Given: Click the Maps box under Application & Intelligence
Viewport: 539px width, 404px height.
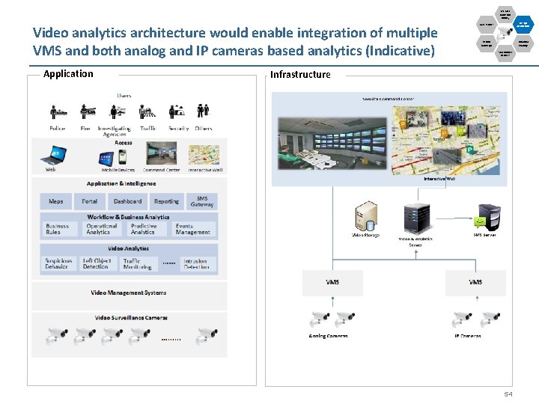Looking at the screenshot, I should click(x=56, y=201).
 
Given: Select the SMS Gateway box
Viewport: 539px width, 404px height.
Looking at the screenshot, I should click(x=201, y=201).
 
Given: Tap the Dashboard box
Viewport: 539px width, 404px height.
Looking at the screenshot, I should click(x=127, y=201).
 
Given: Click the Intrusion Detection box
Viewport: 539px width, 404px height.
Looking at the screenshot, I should click(x=196, y=264).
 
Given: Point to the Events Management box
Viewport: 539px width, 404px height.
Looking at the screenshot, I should click(x=193, y=229).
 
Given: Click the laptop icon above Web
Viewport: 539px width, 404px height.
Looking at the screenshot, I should click(x=55, y=155).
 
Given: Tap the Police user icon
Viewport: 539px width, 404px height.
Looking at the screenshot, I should click(x=58, y=112).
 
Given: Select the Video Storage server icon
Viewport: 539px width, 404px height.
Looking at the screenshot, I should click(x=366, y=216).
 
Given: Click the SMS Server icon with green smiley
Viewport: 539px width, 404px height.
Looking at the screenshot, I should click(x=486, y=217).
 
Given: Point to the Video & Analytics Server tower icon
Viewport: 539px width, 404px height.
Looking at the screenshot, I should click(x=411, y=219).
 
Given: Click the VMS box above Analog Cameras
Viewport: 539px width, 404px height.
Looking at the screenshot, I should click(x=332, y=283).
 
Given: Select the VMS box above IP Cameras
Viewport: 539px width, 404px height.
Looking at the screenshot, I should click(x=475, y=283).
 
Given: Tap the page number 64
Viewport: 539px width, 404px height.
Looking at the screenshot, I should click(x=508, y=394).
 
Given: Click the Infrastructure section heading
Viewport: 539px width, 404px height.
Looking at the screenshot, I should click(x=300, y=75).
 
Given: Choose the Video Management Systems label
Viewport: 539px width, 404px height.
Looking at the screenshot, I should click(x=129, y=293).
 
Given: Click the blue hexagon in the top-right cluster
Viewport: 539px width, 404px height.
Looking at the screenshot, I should click(x=523, y=24).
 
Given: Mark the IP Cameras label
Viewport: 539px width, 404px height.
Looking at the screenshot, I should click(x=467, y=337).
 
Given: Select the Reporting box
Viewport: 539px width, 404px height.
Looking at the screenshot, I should click(x=166, y=201).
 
